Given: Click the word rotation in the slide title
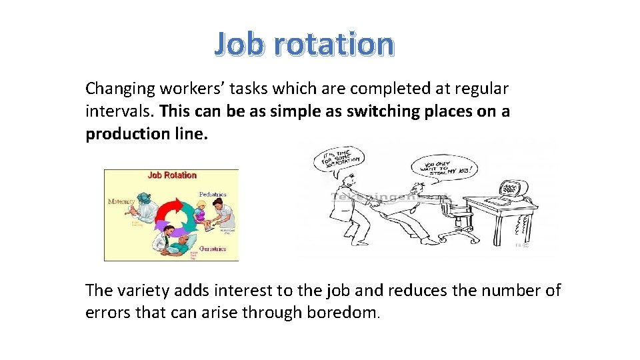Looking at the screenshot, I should click(x=334, y=44).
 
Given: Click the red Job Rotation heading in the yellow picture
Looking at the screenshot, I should click(x=172, y=175).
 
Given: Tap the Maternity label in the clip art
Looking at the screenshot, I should click(x=121, y=201).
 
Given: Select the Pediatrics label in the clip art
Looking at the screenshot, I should click(x=213, y=195).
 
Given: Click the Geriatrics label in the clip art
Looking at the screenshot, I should click(x=211, y=249).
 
